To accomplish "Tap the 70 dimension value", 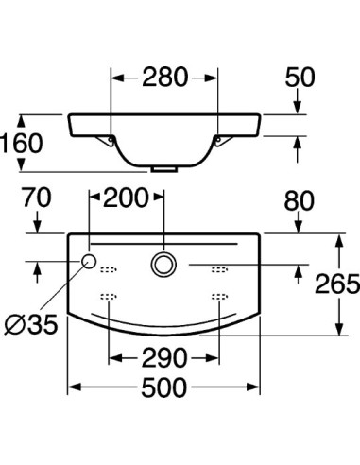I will pyautogui.click(x=37, y=200).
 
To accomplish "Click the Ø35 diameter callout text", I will pyautogui.click(x=31, y=325).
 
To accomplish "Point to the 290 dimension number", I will pyautogui.click(x=165, y=358).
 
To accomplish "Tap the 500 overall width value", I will pyautogui.click(x=165, y=388).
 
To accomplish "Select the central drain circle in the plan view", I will pyautogui.click(x=164, y=265).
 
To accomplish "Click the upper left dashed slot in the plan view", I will pyautogui.click(x=109, y=267).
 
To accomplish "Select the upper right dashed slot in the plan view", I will pyautogui.click(x=221, y=267).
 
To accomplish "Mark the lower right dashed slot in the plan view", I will pyautogui.click(x=221, y=297).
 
